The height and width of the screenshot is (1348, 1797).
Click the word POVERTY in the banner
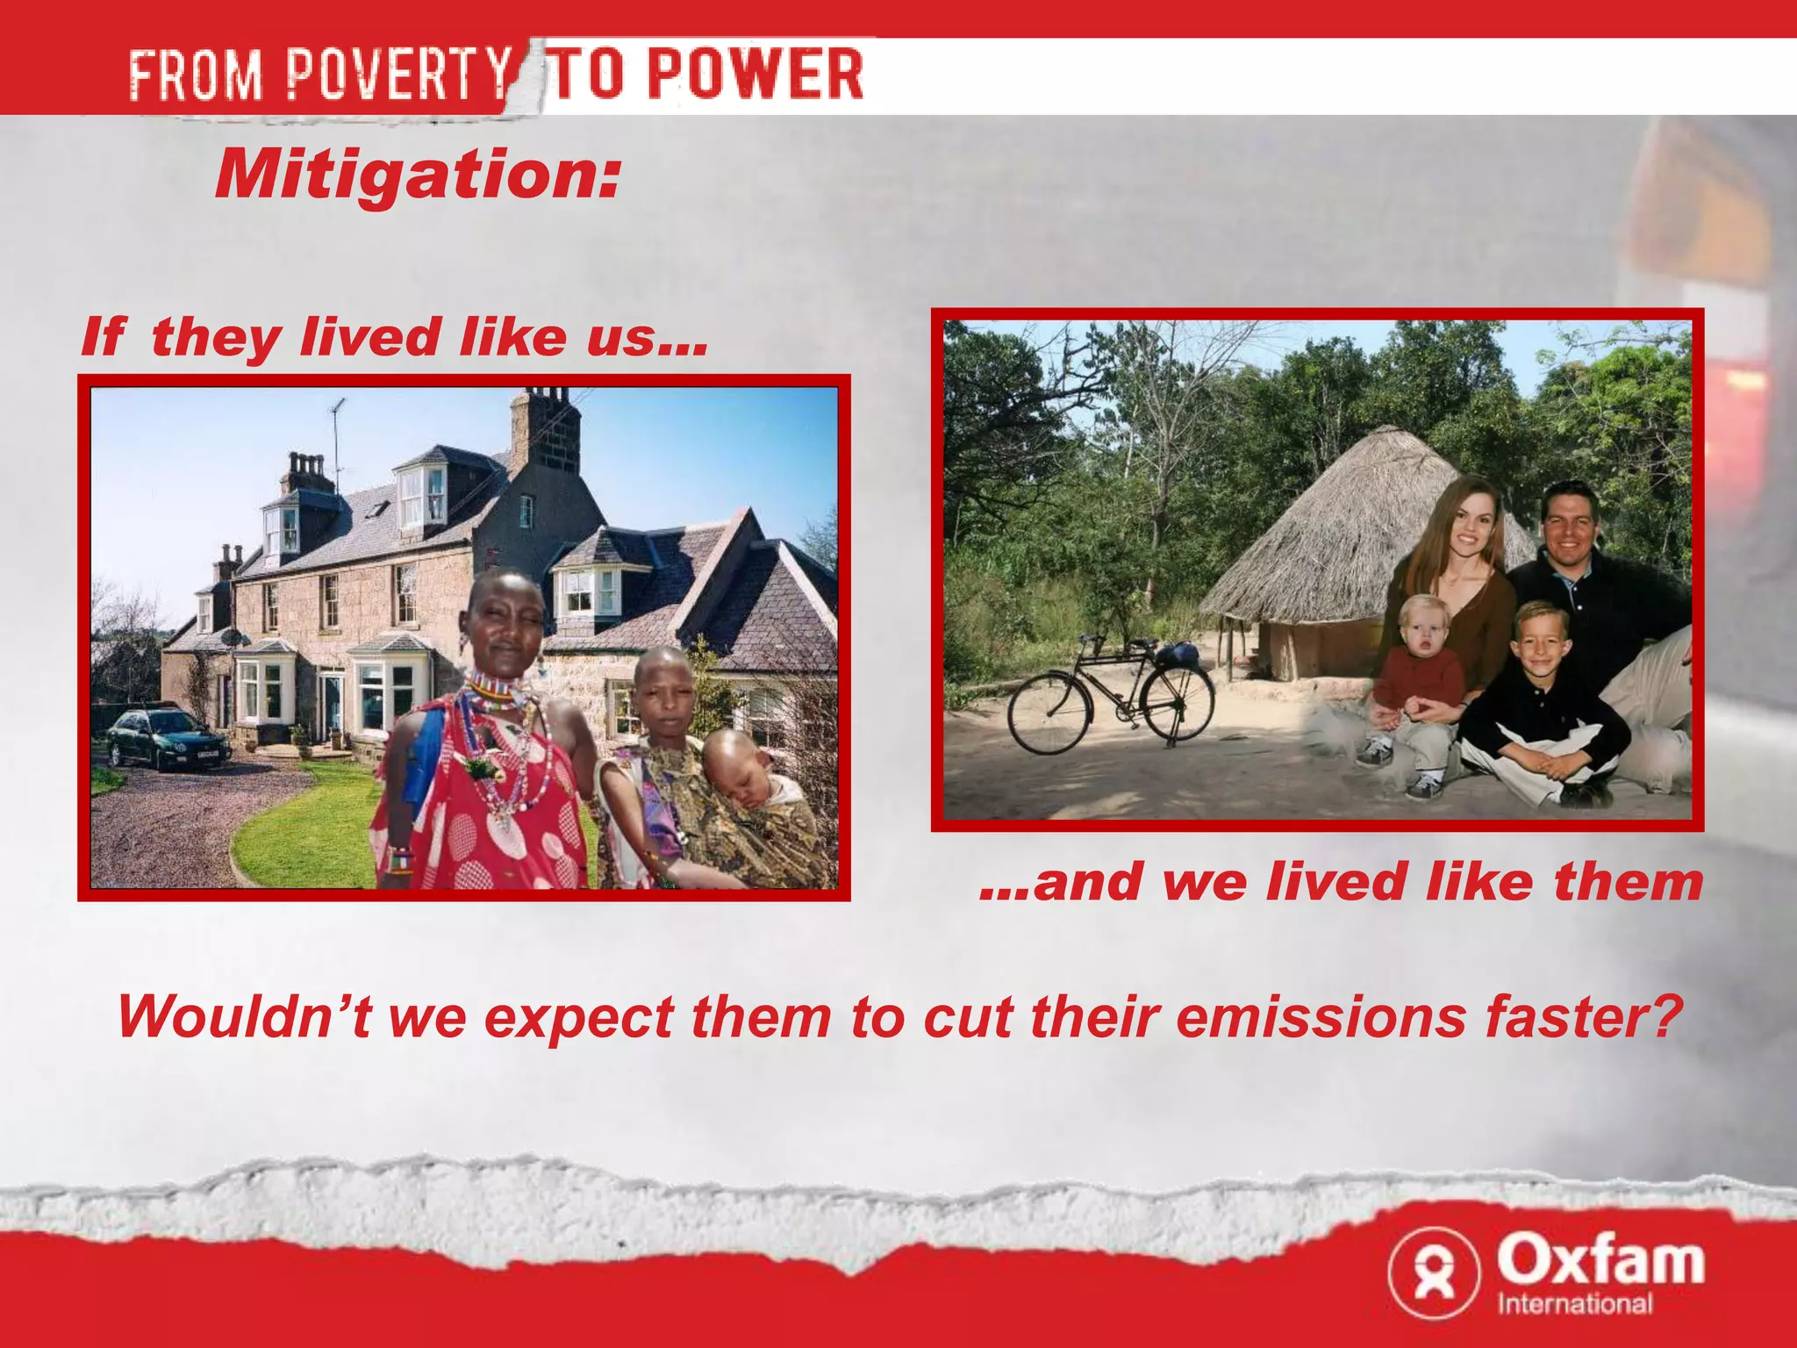[399, 74]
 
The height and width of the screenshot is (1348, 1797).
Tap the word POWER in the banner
[755, 74]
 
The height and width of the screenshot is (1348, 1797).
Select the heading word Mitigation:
[418, 174]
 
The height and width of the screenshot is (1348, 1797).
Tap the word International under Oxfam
[1575, 1303]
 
